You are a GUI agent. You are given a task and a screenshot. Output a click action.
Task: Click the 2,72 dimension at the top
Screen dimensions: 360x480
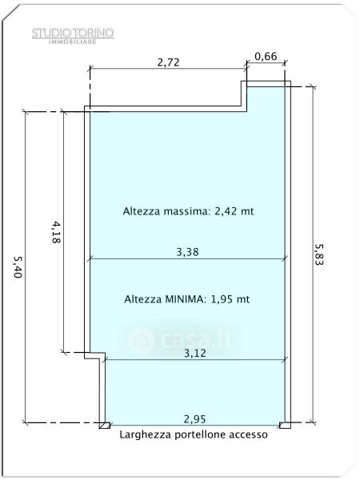click(169, 62)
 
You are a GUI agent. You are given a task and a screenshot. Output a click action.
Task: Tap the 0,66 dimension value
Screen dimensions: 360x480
click(266, 56)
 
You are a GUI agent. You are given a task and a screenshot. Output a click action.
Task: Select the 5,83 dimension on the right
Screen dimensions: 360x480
click(320, 254)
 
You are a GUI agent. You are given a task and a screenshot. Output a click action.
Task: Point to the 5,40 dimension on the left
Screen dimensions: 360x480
click(18, 267)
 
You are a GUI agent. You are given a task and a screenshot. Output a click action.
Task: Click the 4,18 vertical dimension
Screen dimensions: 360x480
click(56, 232)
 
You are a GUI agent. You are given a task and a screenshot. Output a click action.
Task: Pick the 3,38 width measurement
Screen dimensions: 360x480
click(188, 252)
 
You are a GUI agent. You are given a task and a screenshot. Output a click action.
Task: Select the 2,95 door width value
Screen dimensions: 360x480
click(195, 419)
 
